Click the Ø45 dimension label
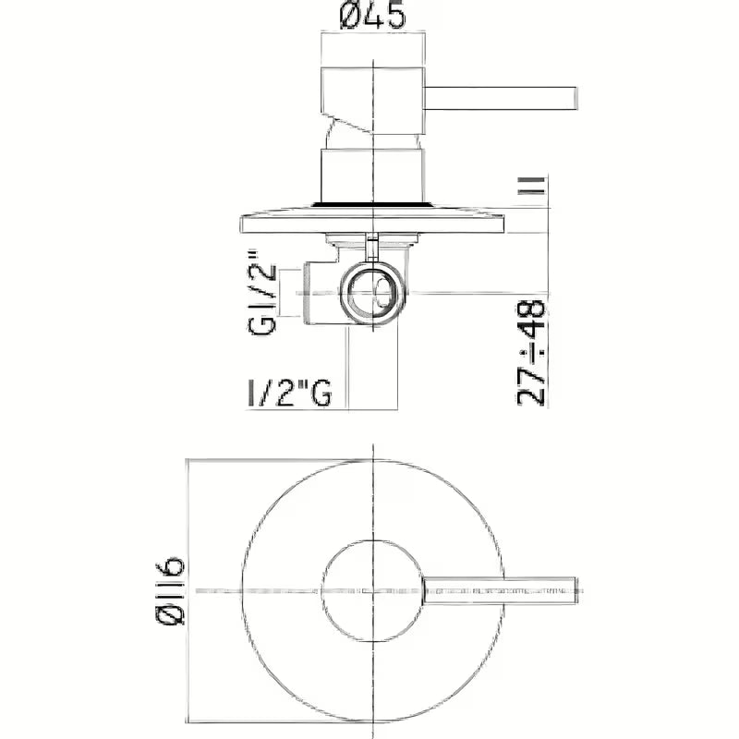pos(372,15)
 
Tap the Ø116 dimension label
pos(171,591)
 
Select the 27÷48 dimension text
pos(532,353)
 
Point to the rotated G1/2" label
pos(262,292)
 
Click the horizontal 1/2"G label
pos(289,393)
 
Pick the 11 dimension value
pos(532,186)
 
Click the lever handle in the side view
pos(501,99)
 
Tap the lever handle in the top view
pos(501,590)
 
